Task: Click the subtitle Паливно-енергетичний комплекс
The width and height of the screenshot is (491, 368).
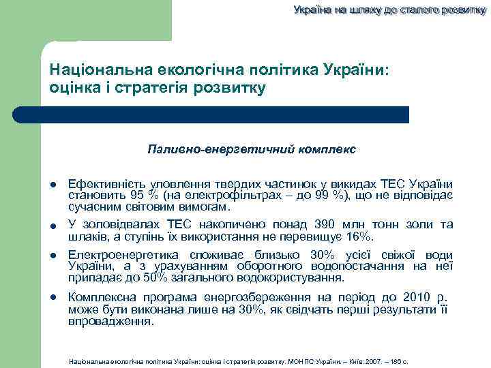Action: [251, 149]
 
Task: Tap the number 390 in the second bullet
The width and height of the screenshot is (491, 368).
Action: [325, 224]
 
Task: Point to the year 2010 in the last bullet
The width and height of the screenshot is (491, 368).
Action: [416, 297]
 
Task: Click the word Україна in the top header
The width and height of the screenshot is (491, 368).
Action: [312, 10]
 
